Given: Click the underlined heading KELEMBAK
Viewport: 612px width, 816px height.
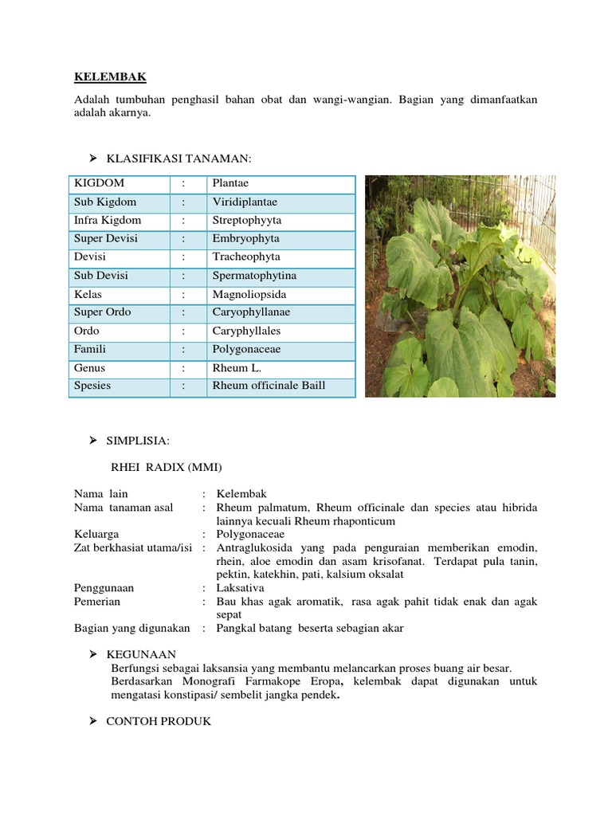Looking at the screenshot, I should (110, 76).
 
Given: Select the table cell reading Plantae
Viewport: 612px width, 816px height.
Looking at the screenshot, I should (230, 183).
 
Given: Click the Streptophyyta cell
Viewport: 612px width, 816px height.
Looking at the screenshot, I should (246, 221).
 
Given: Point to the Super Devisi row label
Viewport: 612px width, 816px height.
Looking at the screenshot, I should (106, 239).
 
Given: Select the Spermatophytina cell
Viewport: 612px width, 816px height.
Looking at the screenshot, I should (254, 276).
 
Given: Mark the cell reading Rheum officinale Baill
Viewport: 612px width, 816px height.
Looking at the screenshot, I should (269, 386).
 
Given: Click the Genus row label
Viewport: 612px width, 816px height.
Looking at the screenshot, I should (90, 368).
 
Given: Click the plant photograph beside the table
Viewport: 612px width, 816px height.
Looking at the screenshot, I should (460, 286).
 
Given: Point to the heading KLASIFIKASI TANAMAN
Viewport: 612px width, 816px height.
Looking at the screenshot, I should (178, 159).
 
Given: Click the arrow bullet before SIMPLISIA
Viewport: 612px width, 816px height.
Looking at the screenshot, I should (92, 440).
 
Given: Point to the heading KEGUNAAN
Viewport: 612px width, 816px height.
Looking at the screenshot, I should (141, 654).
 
